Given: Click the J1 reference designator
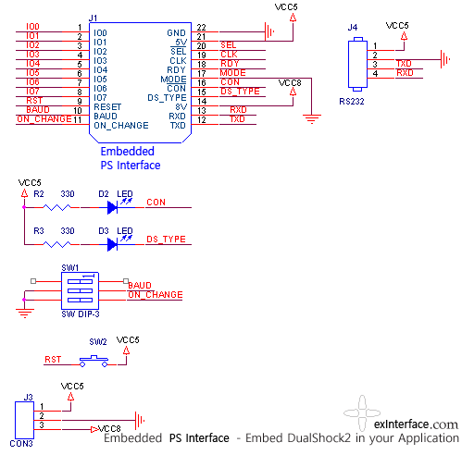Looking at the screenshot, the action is click(x=93, y=18).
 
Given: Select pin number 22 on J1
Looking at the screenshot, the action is click(x=201, y=28).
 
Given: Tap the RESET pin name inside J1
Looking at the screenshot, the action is click(x=107, y=107).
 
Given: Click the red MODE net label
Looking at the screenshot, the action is click(x=232, y=73).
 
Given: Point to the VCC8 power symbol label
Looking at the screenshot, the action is click(x=290, y=83).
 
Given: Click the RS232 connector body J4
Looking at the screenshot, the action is click(x=357, y=65).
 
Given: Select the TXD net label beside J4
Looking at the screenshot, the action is click(x=404, y=64).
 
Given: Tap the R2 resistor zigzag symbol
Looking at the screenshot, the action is click(x=56, y=207).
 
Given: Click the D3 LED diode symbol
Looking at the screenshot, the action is click(x=112, y=244).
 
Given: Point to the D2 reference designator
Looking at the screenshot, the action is click(x=104, y=194).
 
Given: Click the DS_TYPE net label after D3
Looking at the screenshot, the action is click(x=166, y=240).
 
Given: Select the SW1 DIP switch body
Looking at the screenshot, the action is click(x=80, y=290).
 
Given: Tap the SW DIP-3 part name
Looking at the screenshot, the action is click(x=81, y=314).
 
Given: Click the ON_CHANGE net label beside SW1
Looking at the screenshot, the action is click(x=156, y=295).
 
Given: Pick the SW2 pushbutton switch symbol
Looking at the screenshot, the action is click(x=94, y=362).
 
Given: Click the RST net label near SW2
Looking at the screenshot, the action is click(x=53, y=360).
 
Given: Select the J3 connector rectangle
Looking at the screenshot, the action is click(x=24, y=420).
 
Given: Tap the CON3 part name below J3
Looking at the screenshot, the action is click(x=21, y=444).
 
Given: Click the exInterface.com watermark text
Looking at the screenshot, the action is click(x=416, y=424).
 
